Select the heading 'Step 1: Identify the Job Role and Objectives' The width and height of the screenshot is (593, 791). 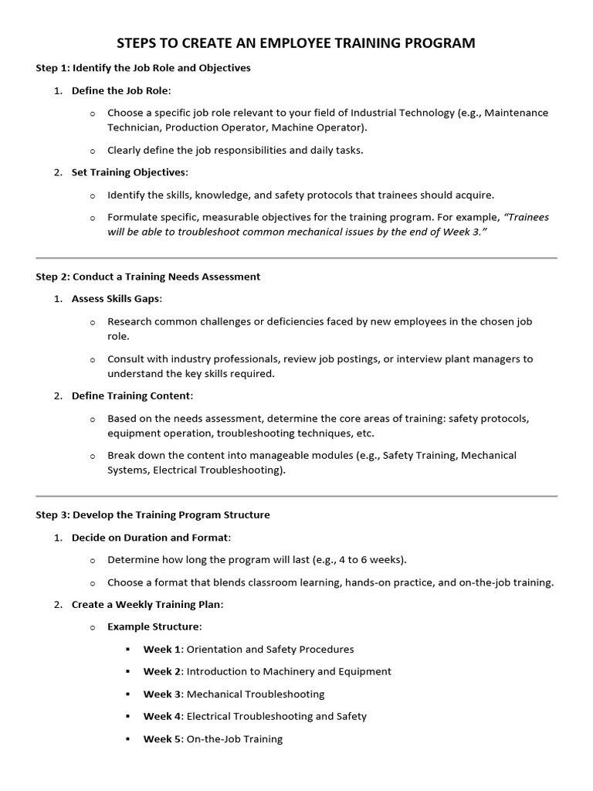tap(143, 68)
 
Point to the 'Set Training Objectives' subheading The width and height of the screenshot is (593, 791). tap(129, 172)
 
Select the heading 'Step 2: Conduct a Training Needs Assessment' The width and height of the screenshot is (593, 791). tap(147, 277)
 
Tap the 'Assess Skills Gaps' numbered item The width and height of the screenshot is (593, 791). tap(117, 299)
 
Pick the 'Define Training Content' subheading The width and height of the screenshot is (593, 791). tap(131, 395)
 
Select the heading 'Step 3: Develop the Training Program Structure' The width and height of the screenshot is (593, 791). tap(153, 514)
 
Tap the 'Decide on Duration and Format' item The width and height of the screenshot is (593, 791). tap(151, 537)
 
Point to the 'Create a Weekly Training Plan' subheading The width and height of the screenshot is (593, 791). tap(147, 604)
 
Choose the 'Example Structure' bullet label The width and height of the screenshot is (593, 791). tap(154, 626)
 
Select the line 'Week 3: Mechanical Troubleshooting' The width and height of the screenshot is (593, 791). tap(233, 694)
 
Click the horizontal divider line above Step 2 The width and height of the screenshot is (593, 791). tap(296, 258)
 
